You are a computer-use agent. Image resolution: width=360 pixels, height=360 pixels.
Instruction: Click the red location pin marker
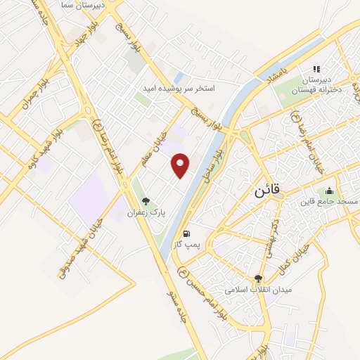pos(181,165)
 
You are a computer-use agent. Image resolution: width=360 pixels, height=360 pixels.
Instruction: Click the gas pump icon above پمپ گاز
pos(186,234)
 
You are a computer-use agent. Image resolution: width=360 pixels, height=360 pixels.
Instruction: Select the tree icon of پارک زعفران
pos(146,201)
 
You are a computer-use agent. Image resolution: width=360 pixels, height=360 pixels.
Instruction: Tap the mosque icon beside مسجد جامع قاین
pos(329,191)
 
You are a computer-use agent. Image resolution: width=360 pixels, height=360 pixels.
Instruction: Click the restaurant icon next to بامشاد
pos(316,69)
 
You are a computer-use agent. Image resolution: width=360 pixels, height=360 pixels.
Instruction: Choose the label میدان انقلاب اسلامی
pos(258,289)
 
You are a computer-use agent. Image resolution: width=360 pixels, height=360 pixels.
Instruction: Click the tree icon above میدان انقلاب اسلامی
pos(258,278)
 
